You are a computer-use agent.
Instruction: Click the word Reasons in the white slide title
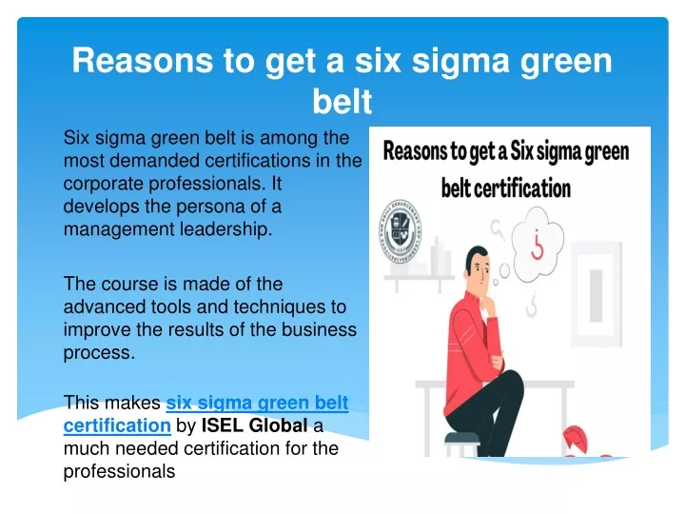pos(143,60)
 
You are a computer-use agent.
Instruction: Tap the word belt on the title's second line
pos(342,102)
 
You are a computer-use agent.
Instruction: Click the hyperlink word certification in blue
pos(117,425)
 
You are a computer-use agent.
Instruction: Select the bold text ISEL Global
pos(254,425)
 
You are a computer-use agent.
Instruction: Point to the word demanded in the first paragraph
pos(155,161)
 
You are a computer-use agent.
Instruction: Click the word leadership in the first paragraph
pos(225,229)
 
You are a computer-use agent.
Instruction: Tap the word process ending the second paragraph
pos(99,353)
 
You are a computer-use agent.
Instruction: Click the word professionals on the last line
pos(119,471)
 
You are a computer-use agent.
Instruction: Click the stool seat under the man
pos(461,438)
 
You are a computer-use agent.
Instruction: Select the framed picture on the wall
pos(597,294)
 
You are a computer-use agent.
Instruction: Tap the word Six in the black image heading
pos(521,151)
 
